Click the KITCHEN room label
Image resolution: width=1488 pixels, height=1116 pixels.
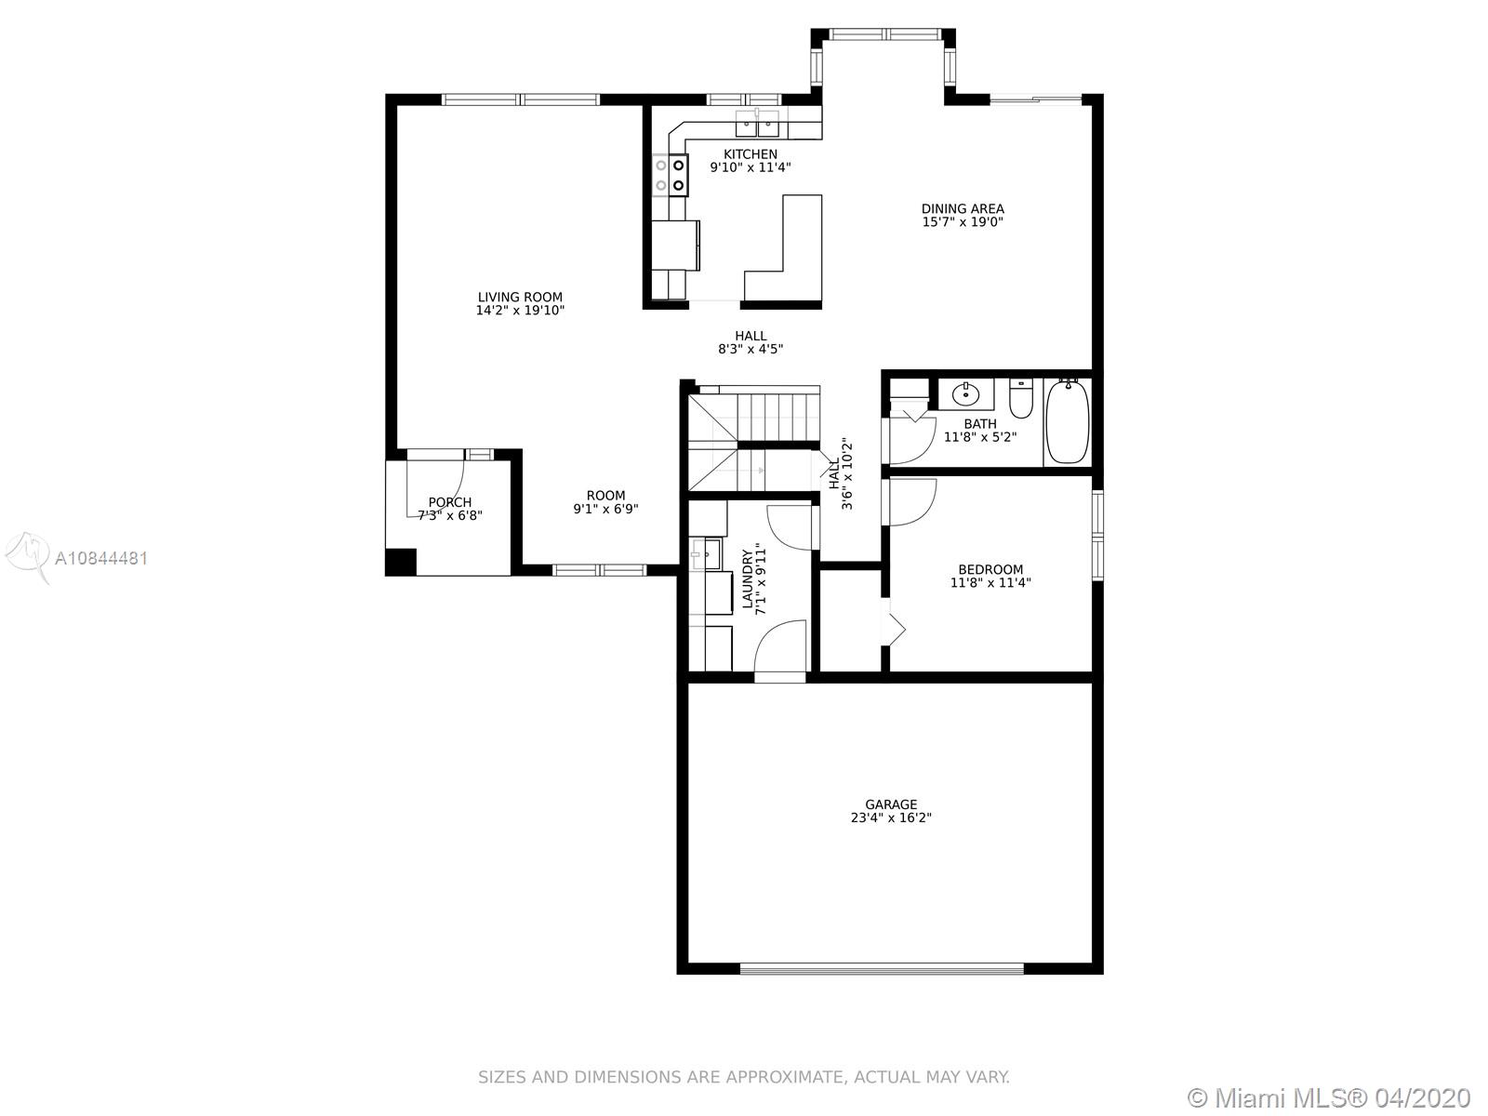tap(750, 154)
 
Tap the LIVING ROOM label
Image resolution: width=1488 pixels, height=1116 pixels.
tap(520, 297)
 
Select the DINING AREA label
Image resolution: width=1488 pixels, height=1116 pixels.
tap(962, 208)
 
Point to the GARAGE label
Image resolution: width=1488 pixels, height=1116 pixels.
tap(891, 804)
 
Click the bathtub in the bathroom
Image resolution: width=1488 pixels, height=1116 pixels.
tap(1067, 420)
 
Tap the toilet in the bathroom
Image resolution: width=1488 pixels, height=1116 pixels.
tap(1021, 398)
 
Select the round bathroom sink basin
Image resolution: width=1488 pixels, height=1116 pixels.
tap(965, 393)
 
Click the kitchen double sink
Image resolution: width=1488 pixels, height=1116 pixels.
tap(757, 125)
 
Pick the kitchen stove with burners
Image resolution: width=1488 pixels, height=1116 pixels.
tap(671, 175)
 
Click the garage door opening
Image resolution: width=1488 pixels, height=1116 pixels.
tap(882, 969)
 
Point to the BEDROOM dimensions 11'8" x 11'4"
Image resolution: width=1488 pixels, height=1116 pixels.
tap(990, 582)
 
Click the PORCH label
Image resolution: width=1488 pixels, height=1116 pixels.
tap(449, 502)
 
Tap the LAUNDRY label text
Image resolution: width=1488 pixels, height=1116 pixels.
tap(747, 578)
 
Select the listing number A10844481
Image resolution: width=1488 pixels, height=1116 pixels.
tap(101, 558)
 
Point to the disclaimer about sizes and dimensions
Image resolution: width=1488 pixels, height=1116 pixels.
tap(744, 1077)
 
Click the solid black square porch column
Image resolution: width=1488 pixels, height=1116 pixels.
tap(401, 562)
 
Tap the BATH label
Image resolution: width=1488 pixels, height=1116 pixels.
tap(980, 424)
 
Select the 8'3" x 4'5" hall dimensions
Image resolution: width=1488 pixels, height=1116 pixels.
tap(751, 349)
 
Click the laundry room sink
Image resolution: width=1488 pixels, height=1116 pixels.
tap(705, 554)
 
